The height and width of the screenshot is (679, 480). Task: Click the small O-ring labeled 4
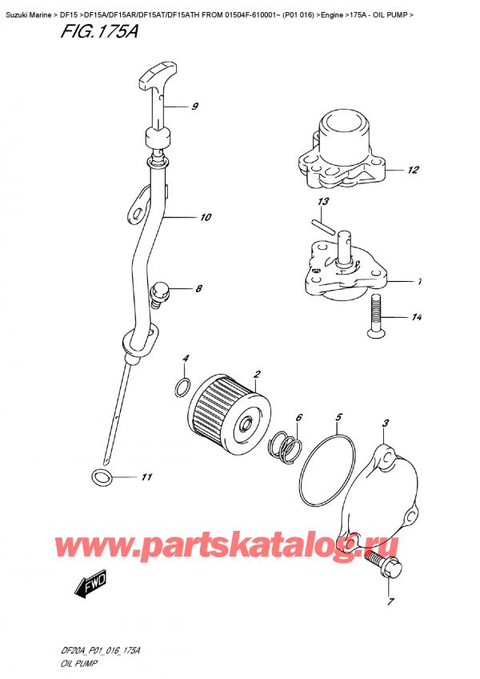pos(183,389)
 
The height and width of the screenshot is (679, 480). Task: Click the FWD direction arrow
pos(90,589)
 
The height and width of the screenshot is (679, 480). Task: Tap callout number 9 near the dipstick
pos(194,106)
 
